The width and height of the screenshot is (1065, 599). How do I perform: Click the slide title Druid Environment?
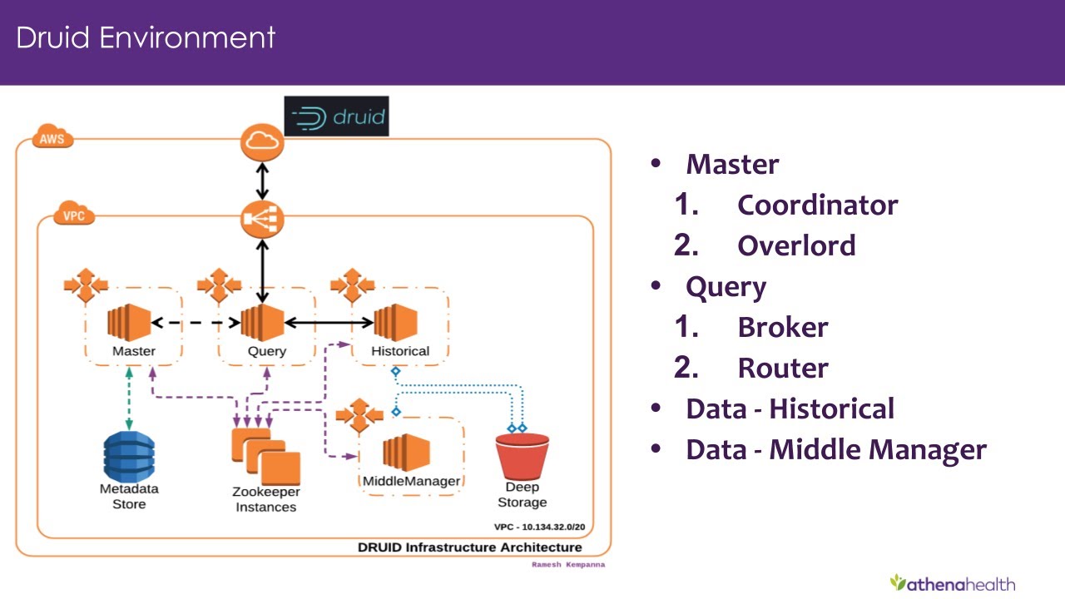146,37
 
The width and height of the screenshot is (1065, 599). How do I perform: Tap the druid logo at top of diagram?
336,116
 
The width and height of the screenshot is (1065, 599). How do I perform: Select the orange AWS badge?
52,138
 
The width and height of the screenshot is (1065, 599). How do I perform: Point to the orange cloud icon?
262,142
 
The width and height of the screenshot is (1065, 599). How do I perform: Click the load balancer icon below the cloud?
262,220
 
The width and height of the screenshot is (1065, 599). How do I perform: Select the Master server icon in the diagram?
128,321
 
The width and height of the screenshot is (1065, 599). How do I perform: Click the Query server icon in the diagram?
261,321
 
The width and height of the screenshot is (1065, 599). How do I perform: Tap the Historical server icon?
395,321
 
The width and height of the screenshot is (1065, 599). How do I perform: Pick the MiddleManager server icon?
405,453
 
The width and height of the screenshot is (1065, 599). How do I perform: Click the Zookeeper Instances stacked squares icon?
265,457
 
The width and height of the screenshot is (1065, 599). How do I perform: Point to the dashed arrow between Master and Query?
196,322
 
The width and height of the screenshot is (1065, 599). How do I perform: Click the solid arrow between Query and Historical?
329,322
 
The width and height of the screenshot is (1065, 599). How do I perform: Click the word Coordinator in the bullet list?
817,205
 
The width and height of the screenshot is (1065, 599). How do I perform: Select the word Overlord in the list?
795,245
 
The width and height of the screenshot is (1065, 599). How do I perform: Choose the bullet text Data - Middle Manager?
835,449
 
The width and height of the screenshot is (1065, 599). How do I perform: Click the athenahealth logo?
952,582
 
